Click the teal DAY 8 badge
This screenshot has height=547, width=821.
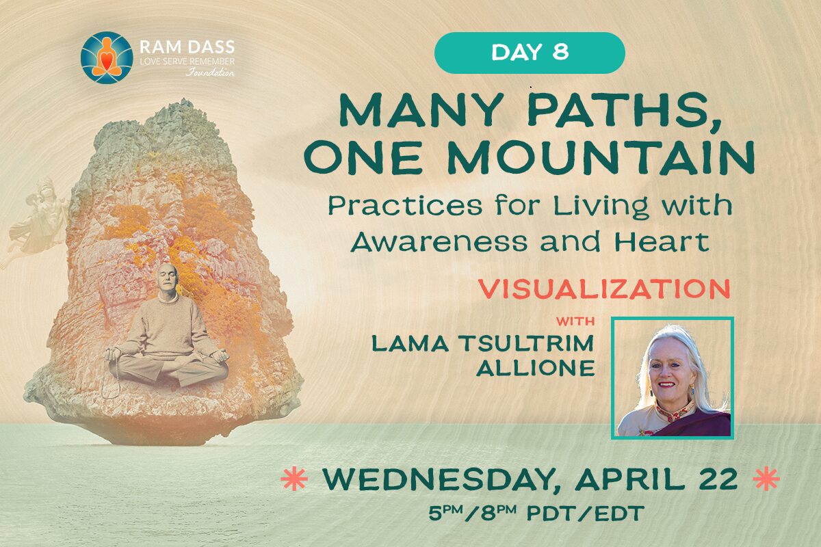530,53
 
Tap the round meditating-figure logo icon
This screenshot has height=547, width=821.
107,57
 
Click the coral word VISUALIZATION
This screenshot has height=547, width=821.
605,289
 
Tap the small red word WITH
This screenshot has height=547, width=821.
575,321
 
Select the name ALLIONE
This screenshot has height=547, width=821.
535,368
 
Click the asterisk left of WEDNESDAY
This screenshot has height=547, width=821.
294,479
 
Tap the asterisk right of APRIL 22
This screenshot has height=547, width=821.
766,479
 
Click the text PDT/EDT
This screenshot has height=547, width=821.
586,513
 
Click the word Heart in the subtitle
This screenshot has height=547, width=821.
661,241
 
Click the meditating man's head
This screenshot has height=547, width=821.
167,279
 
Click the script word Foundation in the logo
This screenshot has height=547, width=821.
209,72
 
